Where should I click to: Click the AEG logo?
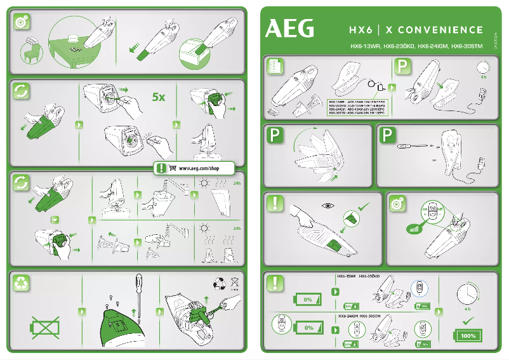(x=289, y=29)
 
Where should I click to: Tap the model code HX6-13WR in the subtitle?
(x=365, y=46)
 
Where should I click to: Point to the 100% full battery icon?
(x=468, y=335)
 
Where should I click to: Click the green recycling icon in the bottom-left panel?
(x=21, y=284)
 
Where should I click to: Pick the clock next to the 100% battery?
(x=467, y=294)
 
